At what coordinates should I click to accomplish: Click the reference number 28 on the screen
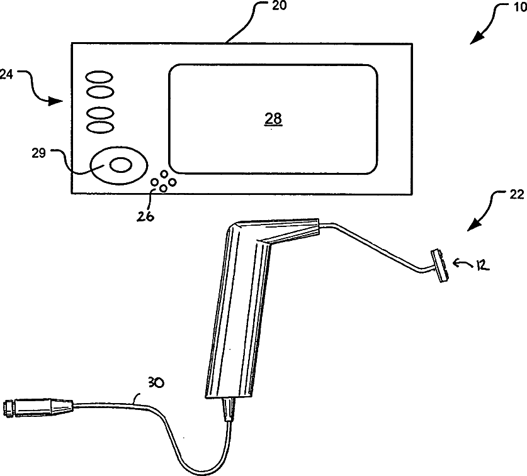[273, 118]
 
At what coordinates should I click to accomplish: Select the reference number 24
[6, 74]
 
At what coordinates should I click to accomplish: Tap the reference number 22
[516, 196]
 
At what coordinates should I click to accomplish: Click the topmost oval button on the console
[99, 77]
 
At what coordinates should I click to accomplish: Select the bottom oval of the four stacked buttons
[99, 126]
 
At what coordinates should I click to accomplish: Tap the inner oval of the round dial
[121, 165]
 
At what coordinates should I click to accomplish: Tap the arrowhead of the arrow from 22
[472, 228]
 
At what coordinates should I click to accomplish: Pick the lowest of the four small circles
[162, 188]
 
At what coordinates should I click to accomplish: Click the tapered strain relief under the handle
[228, 411]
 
